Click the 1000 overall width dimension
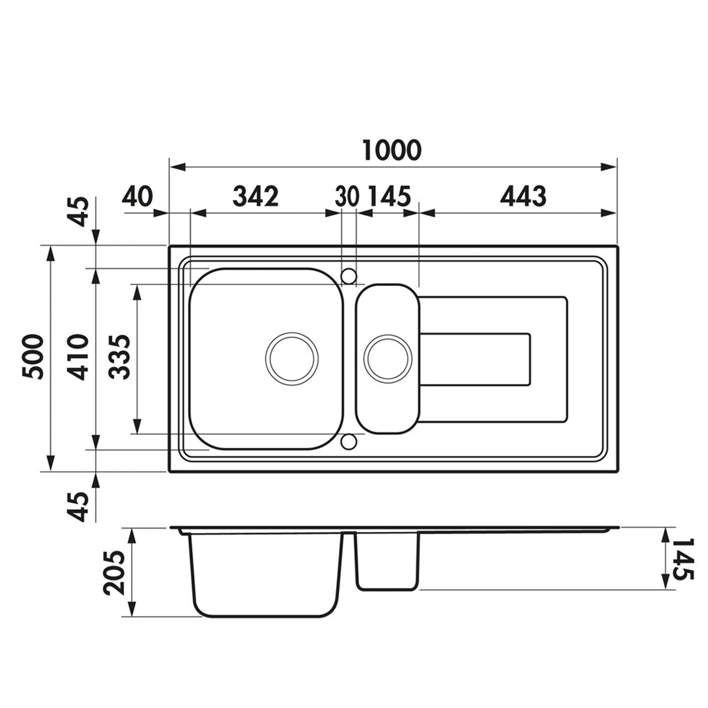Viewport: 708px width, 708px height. [x=392, y=150]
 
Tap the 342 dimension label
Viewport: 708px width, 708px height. [x=255, y=196]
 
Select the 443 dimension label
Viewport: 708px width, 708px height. [x=523, y=196]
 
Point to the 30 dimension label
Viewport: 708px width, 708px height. [x=347, y=196]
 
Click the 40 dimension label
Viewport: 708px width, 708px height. [x=137, y=196]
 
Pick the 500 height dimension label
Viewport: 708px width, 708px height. [x=32, y=356]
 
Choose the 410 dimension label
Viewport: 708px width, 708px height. [x=78, y=357]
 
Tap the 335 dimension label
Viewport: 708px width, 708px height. [x=119, y=357]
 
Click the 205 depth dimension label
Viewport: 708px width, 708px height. [x=114, y=573]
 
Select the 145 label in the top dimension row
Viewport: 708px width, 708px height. [x=389, y=196]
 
